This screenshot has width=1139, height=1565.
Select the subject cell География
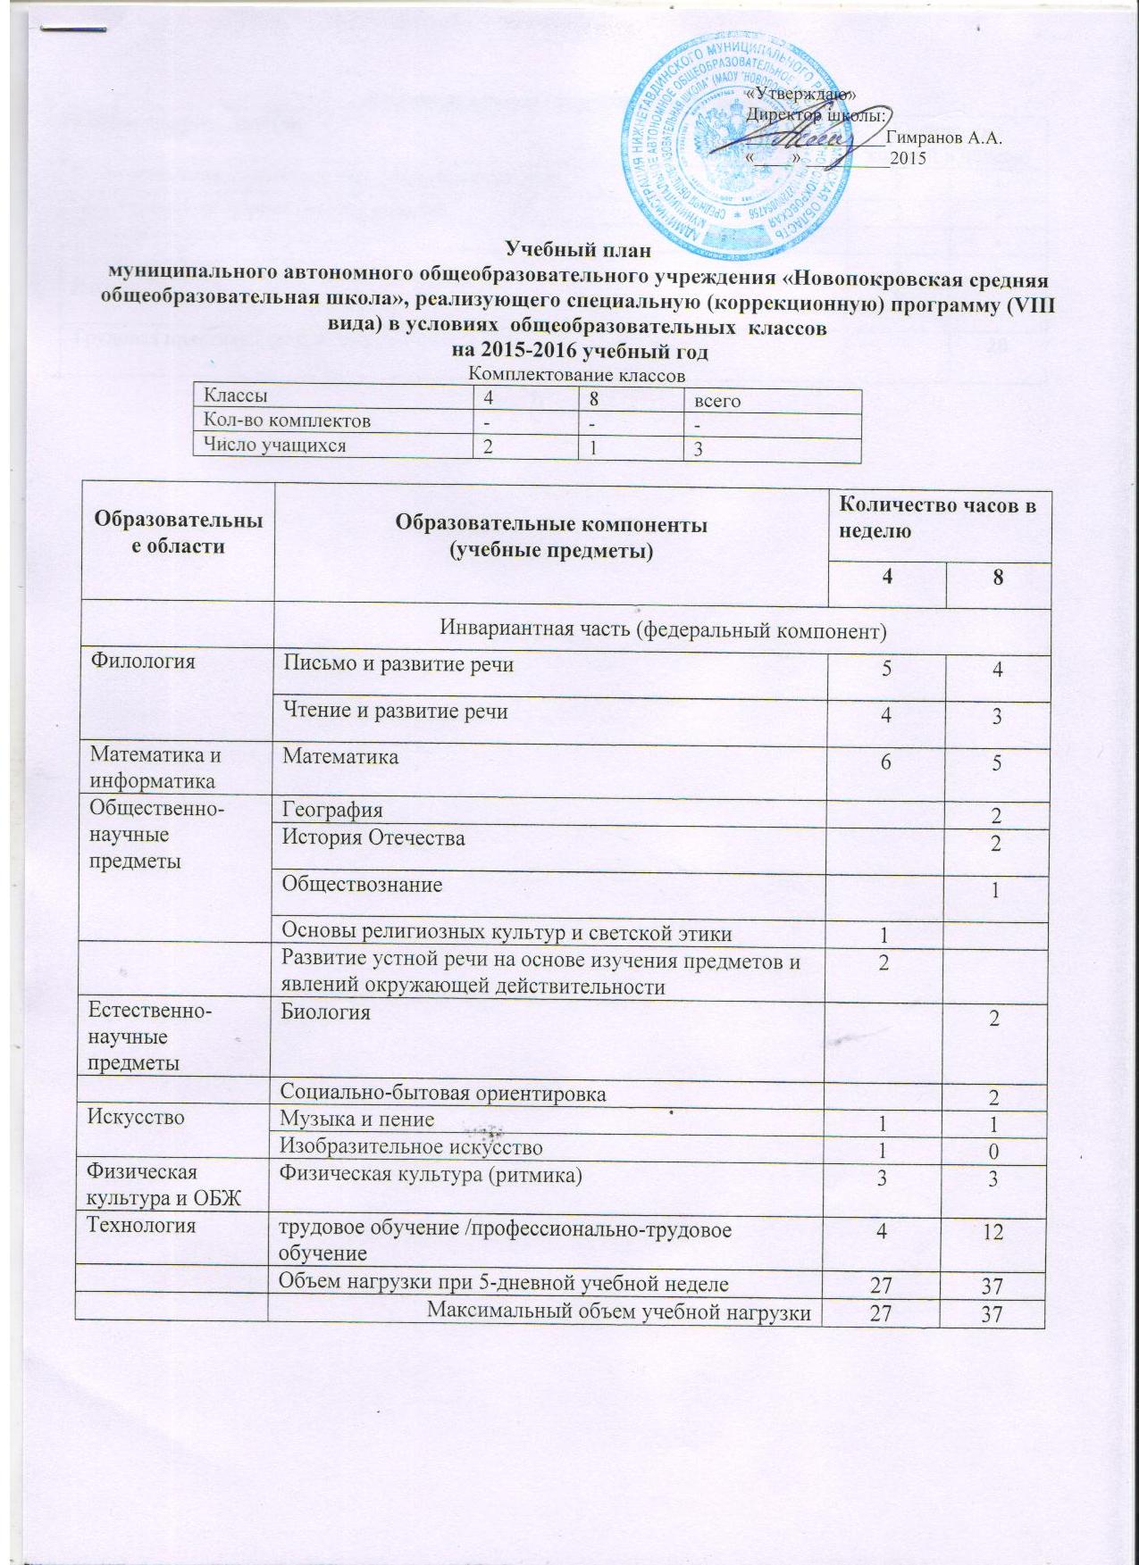(332, 810)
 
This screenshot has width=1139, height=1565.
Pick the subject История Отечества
(373, 837)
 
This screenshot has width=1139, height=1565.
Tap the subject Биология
(326, 1012)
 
